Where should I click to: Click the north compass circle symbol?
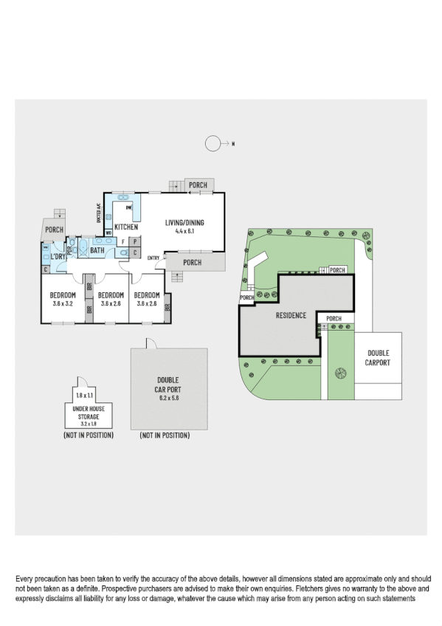click(213, 144)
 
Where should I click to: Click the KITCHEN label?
click(126, 227)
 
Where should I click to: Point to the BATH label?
click(97, 250)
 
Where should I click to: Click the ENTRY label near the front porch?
click(153, 258)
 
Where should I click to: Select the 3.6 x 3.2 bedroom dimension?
click(63, 303)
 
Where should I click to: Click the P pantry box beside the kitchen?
click(134, 241)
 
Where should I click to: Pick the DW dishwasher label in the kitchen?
click(128, 209)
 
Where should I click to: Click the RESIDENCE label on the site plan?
click(291, 315)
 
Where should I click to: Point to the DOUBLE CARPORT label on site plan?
click(378, 358)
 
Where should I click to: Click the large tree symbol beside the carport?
click(340, 374)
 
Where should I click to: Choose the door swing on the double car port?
click(151, 343)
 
